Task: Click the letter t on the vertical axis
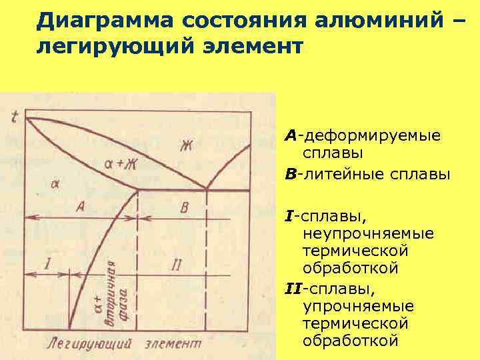click(x=15, y=117)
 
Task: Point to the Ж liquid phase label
click(x=185, y=145)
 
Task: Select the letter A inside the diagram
click(x=81, y=207)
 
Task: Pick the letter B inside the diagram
click(x=185, y=207)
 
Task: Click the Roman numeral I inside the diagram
click(x=47, y=263)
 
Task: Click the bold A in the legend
click(x=290, y=135)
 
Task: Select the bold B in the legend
click(x=290, y=175)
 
